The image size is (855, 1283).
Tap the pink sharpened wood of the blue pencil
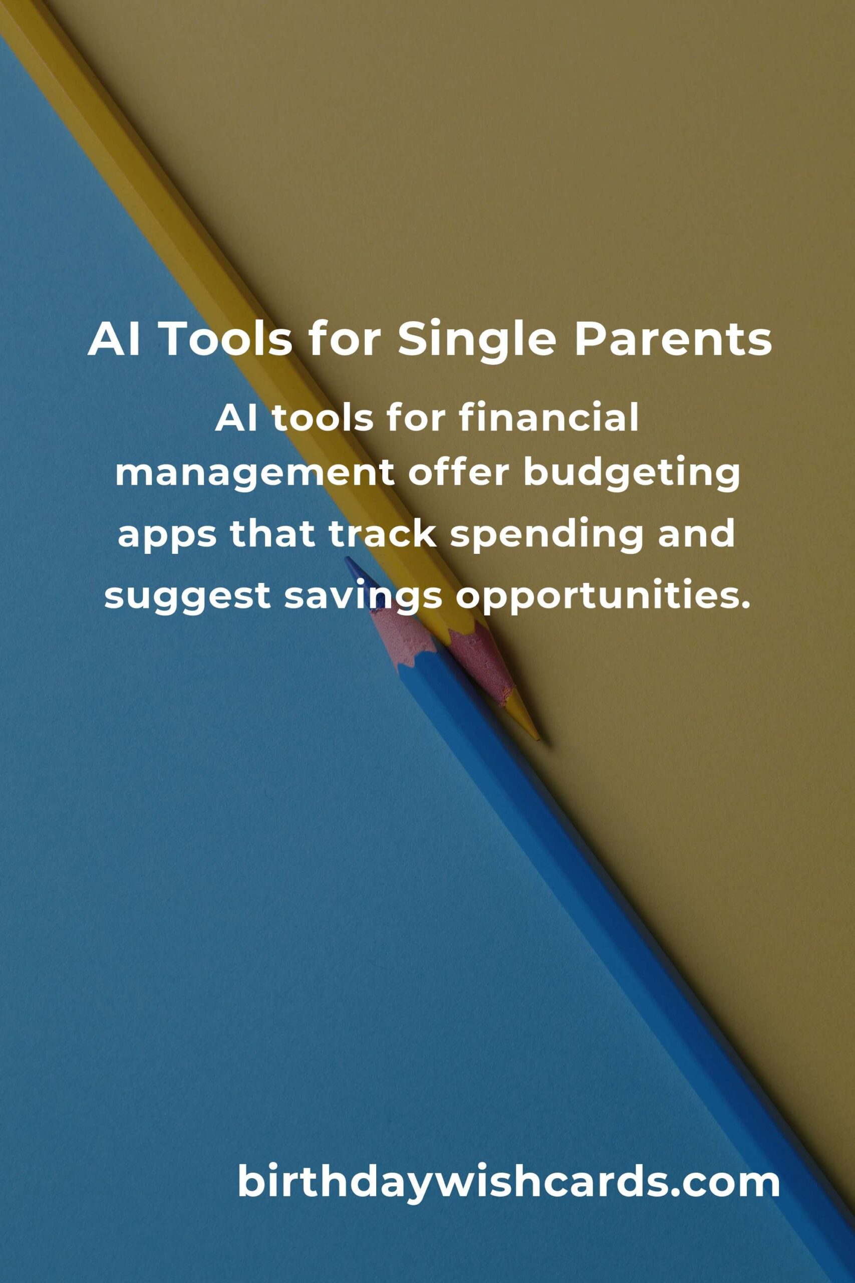[404, 633]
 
